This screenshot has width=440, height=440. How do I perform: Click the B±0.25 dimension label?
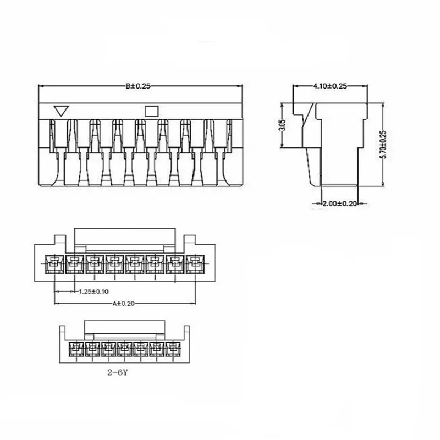click(138, 86)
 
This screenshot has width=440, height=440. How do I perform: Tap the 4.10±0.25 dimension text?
click(329, 86)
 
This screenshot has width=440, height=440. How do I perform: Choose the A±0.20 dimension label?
click(125, 303)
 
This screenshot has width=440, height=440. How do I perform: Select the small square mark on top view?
click(150, 110)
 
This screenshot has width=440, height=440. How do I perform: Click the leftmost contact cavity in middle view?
click(53, 263)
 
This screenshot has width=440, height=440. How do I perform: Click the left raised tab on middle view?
click(59, 240)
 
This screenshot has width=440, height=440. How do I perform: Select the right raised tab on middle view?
click(189, 240)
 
